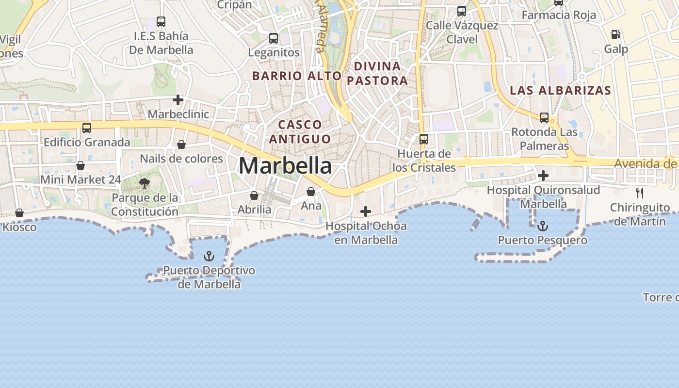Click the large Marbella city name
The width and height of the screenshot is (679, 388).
pos(285,166)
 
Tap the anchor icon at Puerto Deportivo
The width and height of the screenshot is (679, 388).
pos(209,256)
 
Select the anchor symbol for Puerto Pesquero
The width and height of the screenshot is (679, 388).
pos(543,226)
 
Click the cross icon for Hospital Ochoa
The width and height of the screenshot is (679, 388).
pos(366,211)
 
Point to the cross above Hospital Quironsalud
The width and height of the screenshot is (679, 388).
pos(543,176)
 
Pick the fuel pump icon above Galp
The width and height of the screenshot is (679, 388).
pos(616,34)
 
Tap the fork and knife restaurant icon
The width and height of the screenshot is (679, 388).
pos(640,193)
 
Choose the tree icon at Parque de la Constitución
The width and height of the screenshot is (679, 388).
pos(144,183)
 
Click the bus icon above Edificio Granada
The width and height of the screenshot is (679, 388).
pos(87,128)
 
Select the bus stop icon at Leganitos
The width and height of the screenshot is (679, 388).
pos(274,38)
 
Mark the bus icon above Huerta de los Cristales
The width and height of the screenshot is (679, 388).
pos(424,139)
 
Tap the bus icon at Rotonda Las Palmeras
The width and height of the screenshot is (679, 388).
pos(544,118)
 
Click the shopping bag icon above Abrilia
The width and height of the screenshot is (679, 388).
pos(254,195)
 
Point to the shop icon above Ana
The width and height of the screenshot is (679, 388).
pos(311,192)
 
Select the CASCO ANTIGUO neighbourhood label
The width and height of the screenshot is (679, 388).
pos(300,132)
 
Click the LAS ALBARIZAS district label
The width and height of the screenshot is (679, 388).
pos(560,90)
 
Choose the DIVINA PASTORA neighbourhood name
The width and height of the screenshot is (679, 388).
pos(377,73)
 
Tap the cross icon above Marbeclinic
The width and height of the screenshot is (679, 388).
pos(178,100)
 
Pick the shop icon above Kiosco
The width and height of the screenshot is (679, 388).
pos(19,213)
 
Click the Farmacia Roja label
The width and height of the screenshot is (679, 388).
pos(559,15)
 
